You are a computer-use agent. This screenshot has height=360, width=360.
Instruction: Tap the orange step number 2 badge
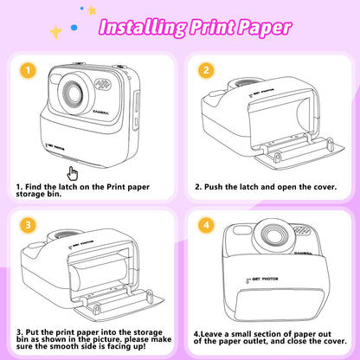click(x=205, y=70)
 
